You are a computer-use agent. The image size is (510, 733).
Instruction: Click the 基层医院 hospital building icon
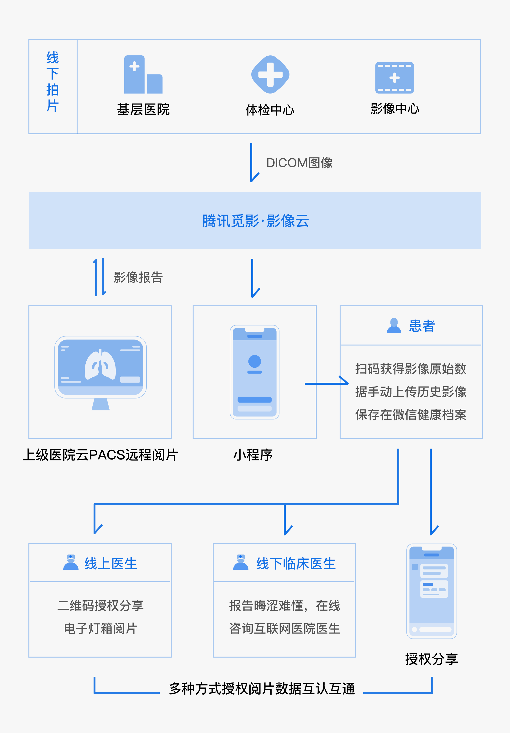[x=143, y=75]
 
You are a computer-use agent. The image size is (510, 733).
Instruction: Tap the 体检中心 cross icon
[x=270, y=75]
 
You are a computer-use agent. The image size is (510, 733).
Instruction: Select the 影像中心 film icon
[x=394, y=78]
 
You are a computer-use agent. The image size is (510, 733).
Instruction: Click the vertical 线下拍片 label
[x=53, y=82]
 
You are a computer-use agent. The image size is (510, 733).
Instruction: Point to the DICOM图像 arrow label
[x=299, y=163]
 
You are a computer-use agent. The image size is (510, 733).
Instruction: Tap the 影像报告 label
[x=138, y=277]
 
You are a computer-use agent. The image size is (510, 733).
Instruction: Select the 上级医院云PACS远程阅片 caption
[x=100, y=455]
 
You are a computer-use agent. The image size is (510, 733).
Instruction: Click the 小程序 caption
[x=253, y=455]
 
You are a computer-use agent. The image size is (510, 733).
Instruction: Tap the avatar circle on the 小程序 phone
[x=254, y=361]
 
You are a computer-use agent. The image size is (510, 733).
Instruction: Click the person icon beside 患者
[x=394, y=326]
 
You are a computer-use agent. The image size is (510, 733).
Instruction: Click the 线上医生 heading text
[x=110, y=564]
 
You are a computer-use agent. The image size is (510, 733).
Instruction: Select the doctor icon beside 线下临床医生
[x=241, y=563]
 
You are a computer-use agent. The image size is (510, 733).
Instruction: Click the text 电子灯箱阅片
[x=100, y=628]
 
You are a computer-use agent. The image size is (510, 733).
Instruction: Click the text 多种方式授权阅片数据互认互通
[x=262, y=689]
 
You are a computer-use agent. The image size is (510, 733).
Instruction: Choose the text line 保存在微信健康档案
[x=411, y=415]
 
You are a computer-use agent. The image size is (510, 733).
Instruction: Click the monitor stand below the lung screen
[x=101, y=404]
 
